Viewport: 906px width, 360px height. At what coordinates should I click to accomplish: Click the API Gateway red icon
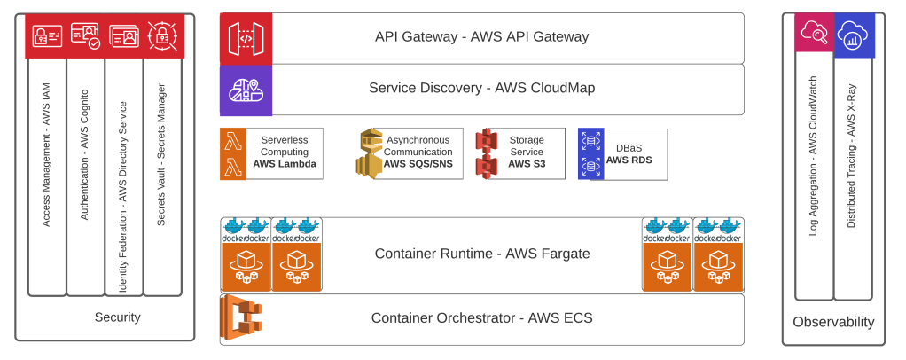(246, 38)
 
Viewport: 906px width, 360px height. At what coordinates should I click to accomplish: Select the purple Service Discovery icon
(246, 90)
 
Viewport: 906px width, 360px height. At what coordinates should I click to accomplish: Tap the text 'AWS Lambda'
(285, 164)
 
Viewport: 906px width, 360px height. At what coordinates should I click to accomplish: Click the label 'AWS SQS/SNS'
(418, 164)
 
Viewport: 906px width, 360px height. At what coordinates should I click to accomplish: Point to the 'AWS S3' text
(526, 164)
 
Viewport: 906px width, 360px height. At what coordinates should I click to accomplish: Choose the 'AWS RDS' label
(629, 160)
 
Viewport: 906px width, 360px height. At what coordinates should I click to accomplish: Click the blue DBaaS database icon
(590, 154)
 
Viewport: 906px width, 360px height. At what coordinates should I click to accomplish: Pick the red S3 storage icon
(486, 153)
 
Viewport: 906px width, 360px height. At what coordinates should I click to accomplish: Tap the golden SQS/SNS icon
(370, 153)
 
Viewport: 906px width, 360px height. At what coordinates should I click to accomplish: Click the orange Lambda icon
(233, 153)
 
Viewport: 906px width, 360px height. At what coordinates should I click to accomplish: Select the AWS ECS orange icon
(245, 318)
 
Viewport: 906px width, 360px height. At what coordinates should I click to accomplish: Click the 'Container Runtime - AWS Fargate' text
(482, 254)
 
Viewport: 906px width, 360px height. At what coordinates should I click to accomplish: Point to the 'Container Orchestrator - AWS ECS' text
(481, 318)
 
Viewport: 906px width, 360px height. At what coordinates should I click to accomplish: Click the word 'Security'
(118, 317)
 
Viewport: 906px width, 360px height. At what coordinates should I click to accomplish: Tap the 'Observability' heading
(833, 322)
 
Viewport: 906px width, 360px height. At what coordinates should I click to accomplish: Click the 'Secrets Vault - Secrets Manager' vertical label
(161, 155)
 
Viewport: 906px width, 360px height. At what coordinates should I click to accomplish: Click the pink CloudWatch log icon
(814, 35)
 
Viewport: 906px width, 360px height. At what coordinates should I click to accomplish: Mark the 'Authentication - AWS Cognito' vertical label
(85, 154)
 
